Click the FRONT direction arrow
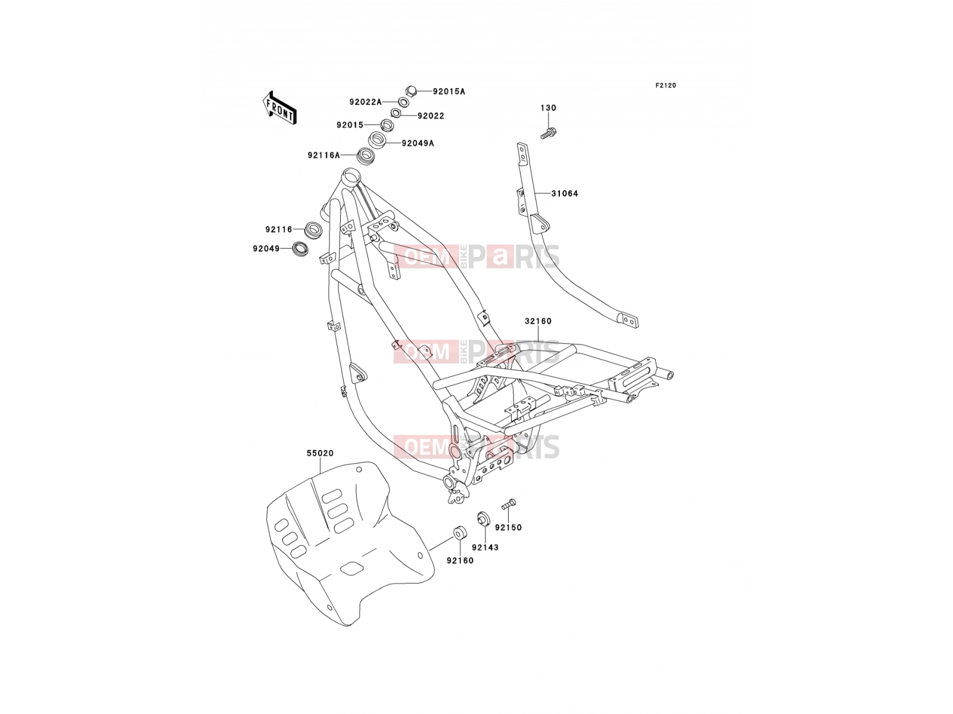(279, 108)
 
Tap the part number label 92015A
(449, 92)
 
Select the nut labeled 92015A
(411, 91)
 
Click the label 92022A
(365, 102)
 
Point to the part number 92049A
(418, 143)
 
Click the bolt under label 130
(549, 133)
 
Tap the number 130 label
(548, 108)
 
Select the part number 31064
(565, 193)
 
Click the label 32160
(538, 321)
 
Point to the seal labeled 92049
(300, 249)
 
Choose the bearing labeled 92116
(313, 229)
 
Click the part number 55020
(320, 453)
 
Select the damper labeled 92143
(483, 518)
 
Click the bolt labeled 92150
(509, 504)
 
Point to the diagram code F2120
(665, 86)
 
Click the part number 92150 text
(508, 528)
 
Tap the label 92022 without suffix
(431, 116)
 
